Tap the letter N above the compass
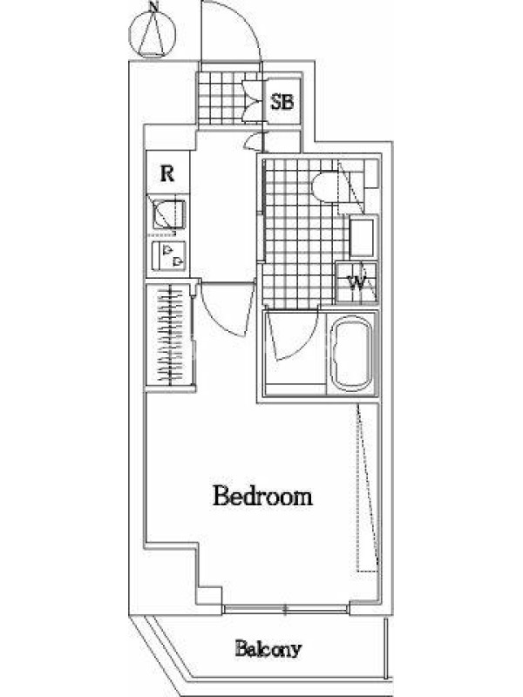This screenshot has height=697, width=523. coord(153,6)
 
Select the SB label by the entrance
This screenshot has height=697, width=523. coord(282,103)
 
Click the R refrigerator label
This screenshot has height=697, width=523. coord(167,173)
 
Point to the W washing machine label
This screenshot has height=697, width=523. coord(357,282)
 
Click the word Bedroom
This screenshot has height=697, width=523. coord(263,496)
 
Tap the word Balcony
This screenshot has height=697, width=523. coord(268,649)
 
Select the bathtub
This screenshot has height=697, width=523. coord(353,354)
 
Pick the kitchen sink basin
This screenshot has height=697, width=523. coord(168,214)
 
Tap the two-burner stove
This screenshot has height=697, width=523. coord(168,256)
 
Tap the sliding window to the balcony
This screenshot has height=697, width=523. coord(285,609)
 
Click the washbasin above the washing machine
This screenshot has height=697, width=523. coord(363,238)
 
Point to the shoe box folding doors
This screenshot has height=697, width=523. coord(254,100)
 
